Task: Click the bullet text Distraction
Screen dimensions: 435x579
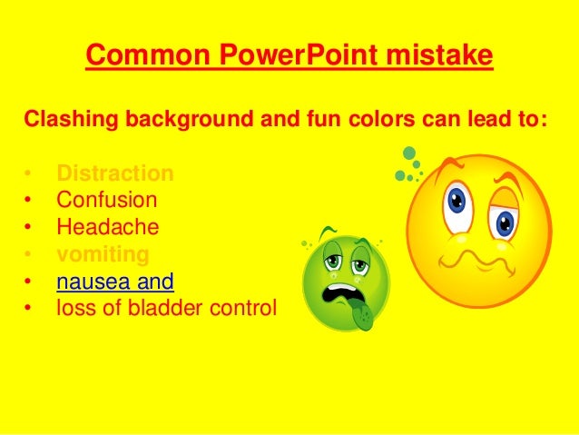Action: pos(114,173)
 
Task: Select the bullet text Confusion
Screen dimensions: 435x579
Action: pos(106,200)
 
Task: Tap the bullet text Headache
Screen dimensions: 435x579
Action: pos(107,227)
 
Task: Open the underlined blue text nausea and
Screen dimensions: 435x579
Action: pos(114,281)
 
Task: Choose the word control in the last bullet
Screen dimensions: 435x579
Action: pos(242,308)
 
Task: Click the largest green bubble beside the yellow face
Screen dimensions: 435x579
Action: pos(410,153)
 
